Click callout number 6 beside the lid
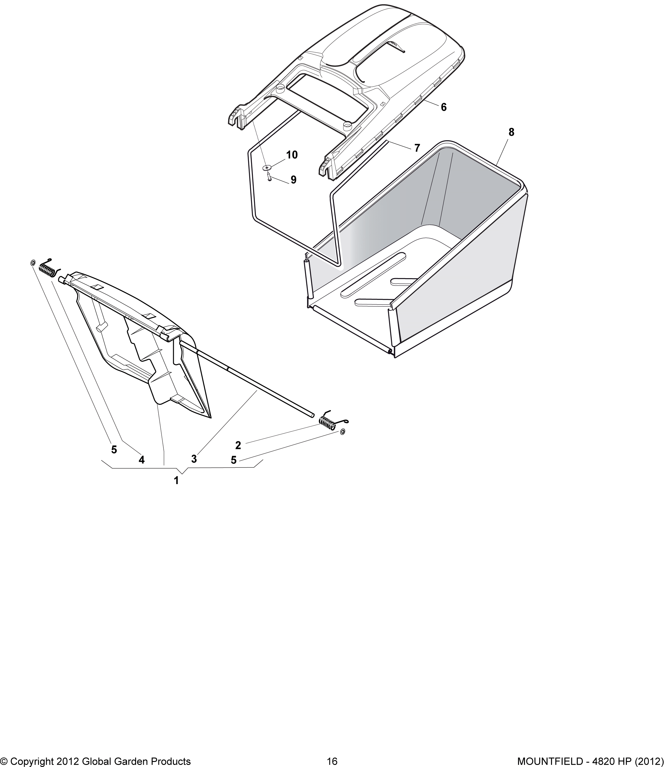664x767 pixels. pos(444,107)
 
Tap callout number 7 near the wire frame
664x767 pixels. pos(417,148)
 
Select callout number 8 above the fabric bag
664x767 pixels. pos(511,132)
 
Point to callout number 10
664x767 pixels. pos(292,155)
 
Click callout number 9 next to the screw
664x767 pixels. pos(294,180)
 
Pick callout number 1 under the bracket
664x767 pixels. pos(176,481)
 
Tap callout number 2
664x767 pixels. pos(238,445)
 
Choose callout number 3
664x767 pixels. pos(194,459)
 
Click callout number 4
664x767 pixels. pos(141,460)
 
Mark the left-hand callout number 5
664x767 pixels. pos(114,450)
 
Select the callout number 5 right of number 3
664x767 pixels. pos(234,460)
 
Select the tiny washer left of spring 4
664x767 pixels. pos(33,263)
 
